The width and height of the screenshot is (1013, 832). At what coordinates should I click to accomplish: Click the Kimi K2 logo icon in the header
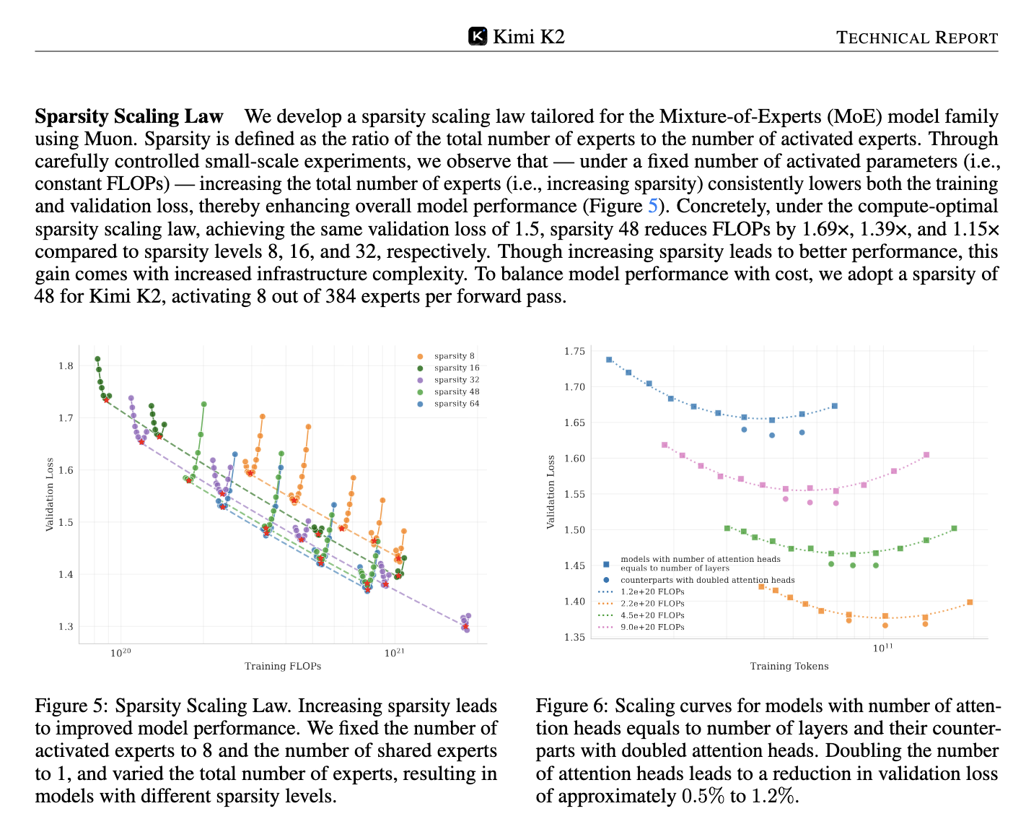477,36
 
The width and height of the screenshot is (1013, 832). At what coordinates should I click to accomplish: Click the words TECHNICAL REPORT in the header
916,38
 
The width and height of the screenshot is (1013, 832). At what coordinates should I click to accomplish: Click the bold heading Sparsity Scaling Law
128,116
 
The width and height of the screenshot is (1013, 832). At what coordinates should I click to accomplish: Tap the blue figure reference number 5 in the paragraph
652,206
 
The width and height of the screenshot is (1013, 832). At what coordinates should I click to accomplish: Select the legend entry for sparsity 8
447,356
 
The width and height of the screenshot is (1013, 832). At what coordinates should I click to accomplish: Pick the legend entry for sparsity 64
450,404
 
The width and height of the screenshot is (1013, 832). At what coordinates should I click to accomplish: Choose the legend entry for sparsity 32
450,379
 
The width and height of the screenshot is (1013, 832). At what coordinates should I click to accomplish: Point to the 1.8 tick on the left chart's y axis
66,366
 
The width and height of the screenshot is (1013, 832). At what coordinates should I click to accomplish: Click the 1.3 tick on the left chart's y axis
66,627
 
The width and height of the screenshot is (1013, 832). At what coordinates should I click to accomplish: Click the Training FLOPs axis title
283,666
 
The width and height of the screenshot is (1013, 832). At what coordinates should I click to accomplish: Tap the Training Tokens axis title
789,666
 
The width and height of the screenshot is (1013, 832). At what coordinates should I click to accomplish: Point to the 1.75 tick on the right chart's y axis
574,351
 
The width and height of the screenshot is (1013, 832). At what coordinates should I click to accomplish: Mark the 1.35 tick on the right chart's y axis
574,637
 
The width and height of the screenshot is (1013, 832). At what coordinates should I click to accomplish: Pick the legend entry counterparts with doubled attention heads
699,580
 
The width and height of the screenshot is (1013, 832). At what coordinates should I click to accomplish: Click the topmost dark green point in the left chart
97,359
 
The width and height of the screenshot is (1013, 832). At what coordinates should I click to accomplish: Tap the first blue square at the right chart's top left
609,360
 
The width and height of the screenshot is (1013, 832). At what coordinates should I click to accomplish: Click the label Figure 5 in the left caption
72,706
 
